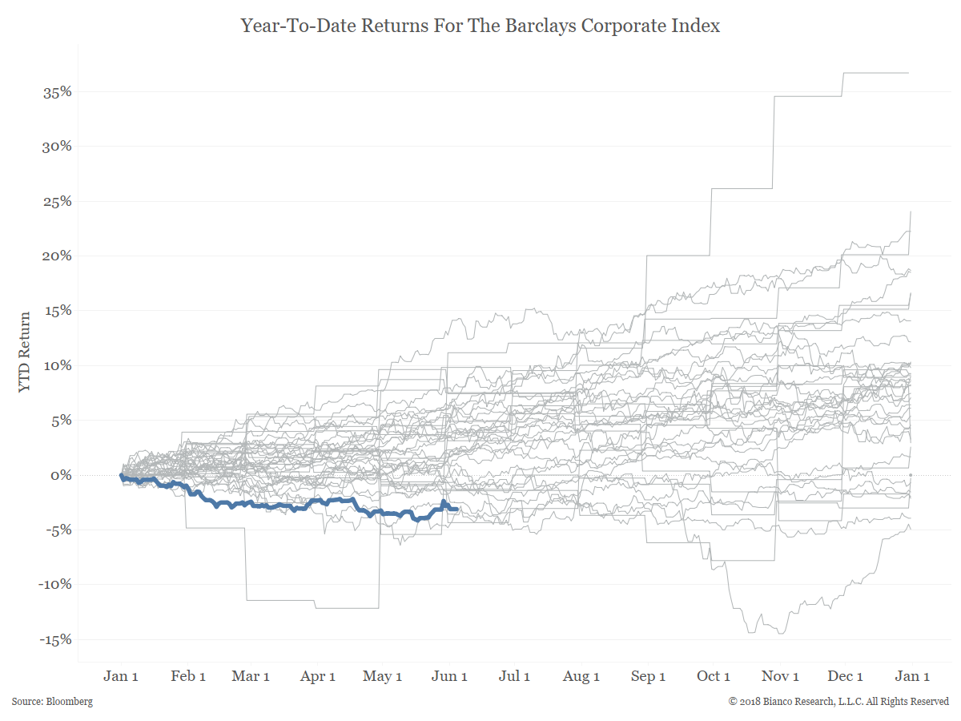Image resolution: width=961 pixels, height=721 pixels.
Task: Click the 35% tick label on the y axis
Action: click(57, 92)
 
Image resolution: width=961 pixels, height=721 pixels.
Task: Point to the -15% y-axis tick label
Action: click(55, 640)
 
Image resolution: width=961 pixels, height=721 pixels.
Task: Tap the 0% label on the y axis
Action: click(61, 475)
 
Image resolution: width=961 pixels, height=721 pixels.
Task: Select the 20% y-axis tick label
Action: click(57, 256)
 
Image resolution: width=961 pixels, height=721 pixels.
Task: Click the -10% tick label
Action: click(54, 585)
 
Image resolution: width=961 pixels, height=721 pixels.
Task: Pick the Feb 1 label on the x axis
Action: click(188, 676)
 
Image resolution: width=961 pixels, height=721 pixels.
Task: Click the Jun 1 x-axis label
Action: click(449, 676)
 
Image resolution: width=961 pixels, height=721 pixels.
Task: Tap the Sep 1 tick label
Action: click(648, 676)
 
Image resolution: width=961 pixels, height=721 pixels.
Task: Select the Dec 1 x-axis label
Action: click(845, 676)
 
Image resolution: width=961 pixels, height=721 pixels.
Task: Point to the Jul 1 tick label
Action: click(514, 676)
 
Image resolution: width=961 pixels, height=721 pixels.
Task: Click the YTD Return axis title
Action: click(25, 352)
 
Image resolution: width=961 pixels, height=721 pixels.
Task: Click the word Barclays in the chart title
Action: click(541, 26)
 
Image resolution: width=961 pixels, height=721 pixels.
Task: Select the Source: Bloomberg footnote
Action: click(52, 702)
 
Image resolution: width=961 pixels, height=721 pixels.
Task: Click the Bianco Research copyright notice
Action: click(838, 702)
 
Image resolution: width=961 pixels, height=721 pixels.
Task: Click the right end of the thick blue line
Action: click(456, 510)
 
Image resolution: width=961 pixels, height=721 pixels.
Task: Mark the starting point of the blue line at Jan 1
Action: click(122, 475)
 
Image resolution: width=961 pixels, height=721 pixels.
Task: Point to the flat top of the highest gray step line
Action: click(875, 73)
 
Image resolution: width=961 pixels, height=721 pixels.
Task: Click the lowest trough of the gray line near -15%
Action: click(782, 633)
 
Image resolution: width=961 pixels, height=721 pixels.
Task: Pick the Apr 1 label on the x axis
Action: click(317, 676)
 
